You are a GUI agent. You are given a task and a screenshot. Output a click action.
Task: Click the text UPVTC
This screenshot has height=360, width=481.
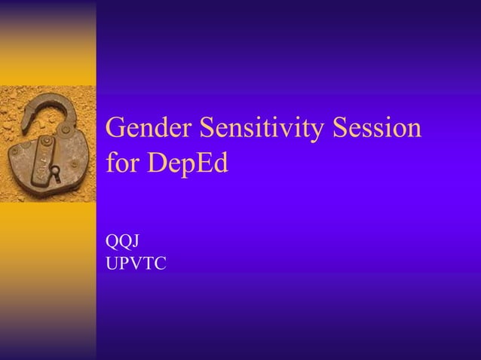coord(137,264)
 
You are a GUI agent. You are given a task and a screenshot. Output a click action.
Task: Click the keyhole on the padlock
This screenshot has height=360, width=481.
coord(54,172)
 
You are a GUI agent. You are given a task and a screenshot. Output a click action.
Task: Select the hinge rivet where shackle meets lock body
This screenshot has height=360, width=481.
coord(65,130)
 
